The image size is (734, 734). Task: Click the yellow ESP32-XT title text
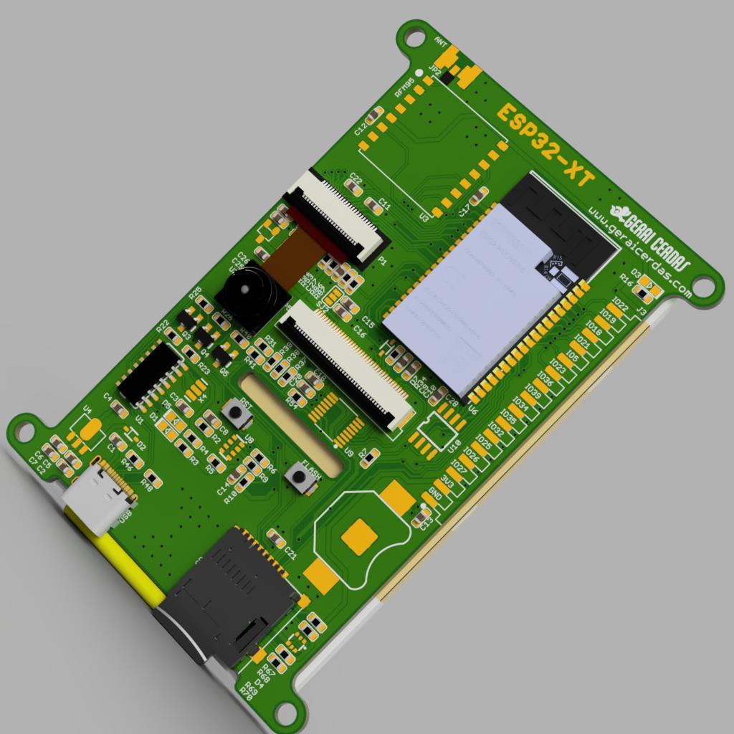click(x=545, y=146)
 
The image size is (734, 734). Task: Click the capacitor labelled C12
click(x=373, y=118)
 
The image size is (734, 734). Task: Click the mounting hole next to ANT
click(x=414, y=37)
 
